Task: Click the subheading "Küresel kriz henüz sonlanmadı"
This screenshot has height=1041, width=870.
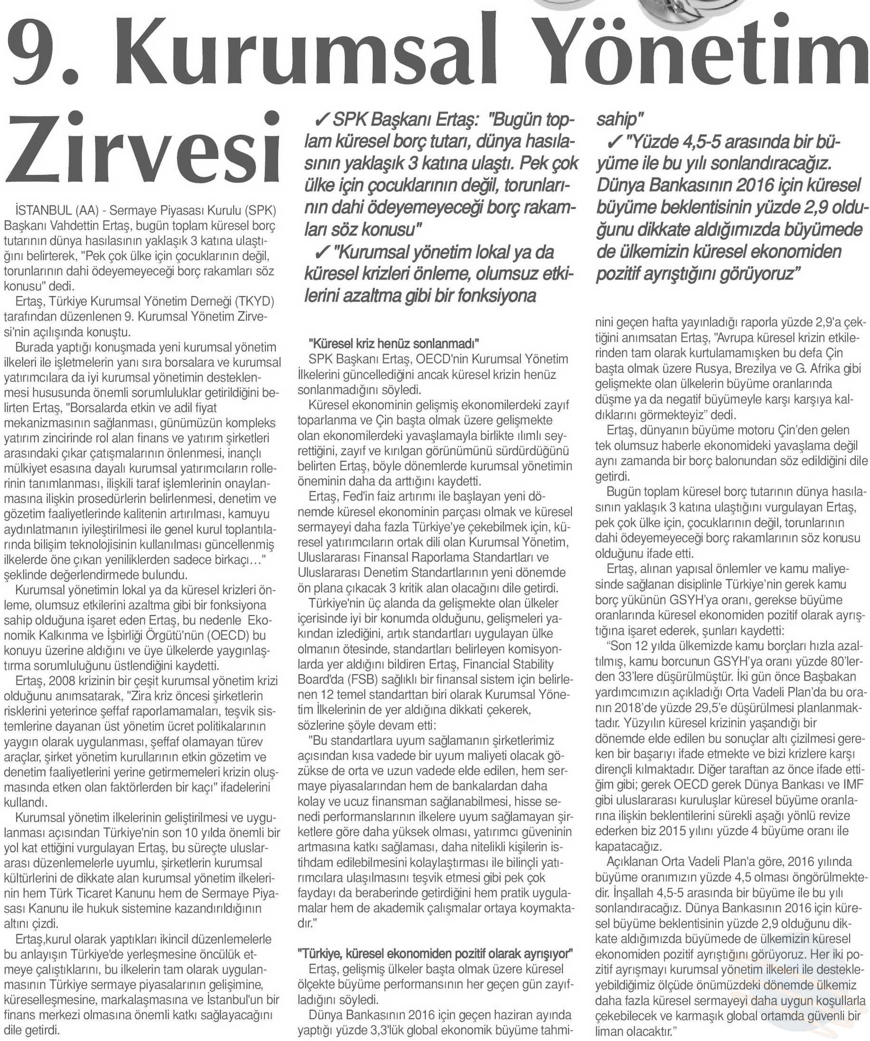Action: point(394,343)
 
